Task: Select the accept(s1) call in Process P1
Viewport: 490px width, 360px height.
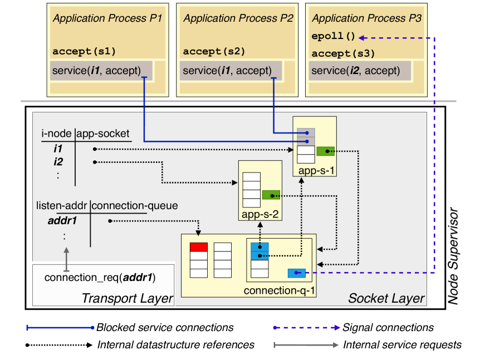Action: (84, 51)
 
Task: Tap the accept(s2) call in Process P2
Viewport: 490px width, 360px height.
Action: (214, 51)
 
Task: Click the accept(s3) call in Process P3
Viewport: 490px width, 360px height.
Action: (343, 53)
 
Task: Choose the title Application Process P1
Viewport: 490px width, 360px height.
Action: (107, 18)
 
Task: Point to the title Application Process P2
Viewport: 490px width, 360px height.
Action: (238, 18)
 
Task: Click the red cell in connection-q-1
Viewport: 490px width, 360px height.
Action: (199, 247)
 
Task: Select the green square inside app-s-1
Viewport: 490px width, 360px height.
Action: (325, 151)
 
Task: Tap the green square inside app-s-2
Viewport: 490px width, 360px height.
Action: (271, 195)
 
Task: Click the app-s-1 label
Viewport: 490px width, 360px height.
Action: (315, 171)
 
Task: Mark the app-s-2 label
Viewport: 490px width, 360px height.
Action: (260, 215)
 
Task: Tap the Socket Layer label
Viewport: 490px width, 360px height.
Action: (386, 298)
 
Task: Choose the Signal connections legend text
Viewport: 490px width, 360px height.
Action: (388, 328)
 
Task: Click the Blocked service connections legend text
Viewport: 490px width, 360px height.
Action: (165, 328)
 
